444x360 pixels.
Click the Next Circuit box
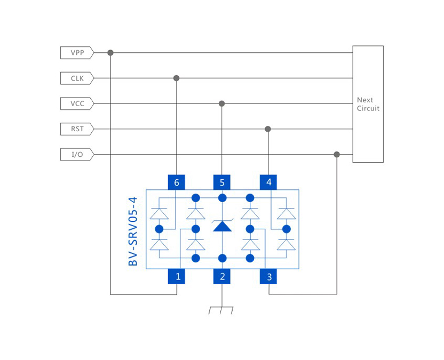coord(368,104)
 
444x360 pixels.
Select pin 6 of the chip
coord(176,182)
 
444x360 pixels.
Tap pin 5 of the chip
coord(222,182)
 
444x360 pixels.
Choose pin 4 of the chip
coord(268,182)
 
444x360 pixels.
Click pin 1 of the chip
coord(176,276)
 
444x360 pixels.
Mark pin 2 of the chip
coord(222,276)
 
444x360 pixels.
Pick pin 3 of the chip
coord(268,276)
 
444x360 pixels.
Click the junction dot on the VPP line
coord(110,53)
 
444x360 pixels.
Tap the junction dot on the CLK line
coord(176,78)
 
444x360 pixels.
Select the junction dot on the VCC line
coord(222,103)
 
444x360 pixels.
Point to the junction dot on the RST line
coord(268,129)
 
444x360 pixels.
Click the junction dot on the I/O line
coord(337,155)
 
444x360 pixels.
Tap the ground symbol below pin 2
coord(221,310)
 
